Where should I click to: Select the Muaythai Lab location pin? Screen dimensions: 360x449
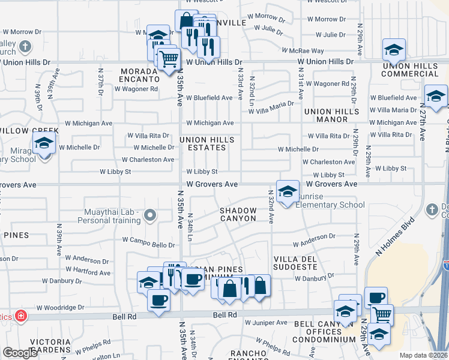click(151, 215)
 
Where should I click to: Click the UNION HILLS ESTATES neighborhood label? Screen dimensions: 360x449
click(207, 144)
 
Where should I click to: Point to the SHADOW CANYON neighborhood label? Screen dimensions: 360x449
click(238, 214)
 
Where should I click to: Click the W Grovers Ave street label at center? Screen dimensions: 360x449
click(212, 184)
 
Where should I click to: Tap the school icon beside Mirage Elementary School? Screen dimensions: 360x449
click(44, 144)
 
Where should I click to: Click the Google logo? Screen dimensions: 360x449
click(20, 353)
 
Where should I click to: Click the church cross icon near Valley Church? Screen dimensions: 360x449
click(25, 46)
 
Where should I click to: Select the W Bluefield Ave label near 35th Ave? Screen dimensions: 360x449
click(209, 98)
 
